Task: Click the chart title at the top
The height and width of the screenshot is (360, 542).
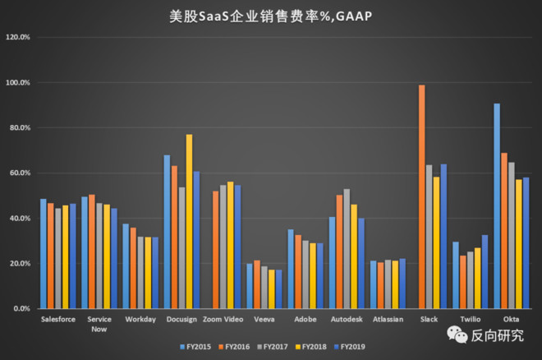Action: (270, 16)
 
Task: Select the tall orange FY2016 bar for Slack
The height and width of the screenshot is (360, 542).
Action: (422, 197)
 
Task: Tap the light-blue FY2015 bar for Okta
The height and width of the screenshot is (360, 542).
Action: (497, 205)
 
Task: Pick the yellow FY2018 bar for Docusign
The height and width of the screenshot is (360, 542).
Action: (189, 222)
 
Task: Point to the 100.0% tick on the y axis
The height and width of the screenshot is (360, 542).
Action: (18, 83)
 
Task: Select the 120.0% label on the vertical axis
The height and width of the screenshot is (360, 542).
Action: (18, 38)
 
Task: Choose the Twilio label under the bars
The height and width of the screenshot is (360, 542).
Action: (471, 318)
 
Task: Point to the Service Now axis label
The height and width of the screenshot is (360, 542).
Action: (99, 322)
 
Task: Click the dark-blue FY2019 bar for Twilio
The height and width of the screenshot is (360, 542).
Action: (485, 271)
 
